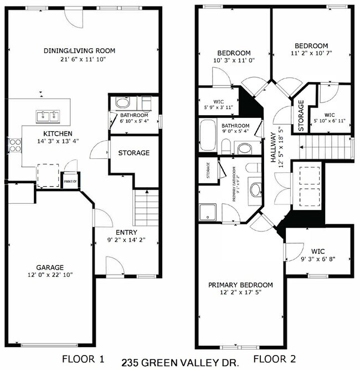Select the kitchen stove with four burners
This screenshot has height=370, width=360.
[x=14, y=146]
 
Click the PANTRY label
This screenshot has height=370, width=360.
[x=70, y=181]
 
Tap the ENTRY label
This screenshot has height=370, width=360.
[x=126, y=232]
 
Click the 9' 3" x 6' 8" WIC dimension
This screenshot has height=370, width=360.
[x=318, y=259]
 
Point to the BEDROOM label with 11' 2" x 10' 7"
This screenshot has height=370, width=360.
[x=311, y=46]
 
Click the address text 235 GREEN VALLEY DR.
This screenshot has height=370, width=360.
[x=179, y=363]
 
